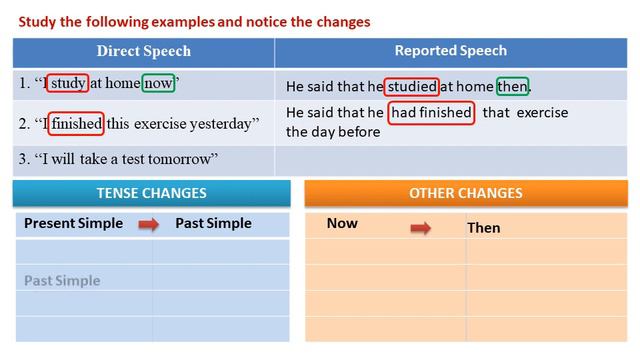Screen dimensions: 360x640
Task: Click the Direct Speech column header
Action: click(x=143, y=51)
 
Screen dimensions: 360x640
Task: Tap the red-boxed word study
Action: click(x=68, y=84)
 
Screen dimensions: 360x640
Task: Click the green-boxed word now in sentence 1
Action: click(x=158, y=84)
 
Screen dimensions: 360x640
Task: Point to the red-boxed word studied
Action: click(x=412, y=86)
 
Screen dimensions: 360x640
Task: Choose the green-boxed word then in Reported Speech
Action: click(x=511, y=86)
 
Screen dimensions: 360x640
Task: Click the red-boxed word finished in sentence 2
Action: click(x=75, y=123)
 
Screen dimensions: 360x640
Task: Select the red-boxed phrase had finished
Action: click(x=431, y=113)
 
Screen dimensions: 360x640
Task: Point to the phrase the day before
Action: click(x=333, y=131)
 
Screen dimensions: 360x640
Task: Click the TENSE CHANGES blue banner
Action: click(x=151, y=193)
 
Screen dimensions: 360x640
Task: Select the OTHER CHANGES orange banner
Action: click(x=465, y=193)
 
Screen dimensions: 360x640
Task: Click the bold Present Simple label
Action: click(x=73, y=223)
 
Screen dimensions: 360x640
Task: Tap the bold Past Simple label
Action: click(x=213, y=223)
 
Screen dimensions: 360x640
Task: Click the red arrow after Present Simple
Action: click(x=149, y=224)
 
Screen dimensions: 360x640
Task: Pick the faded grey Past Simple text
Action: click(x=62, y=281)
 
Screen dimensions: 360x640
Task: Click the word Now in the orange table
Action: click(x=342, y=223)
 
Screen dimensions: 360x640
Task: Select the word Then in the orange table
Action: click(x=484, y=228)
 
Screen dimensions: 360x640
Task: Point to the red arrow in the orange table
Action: click(x=421, y=228)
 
